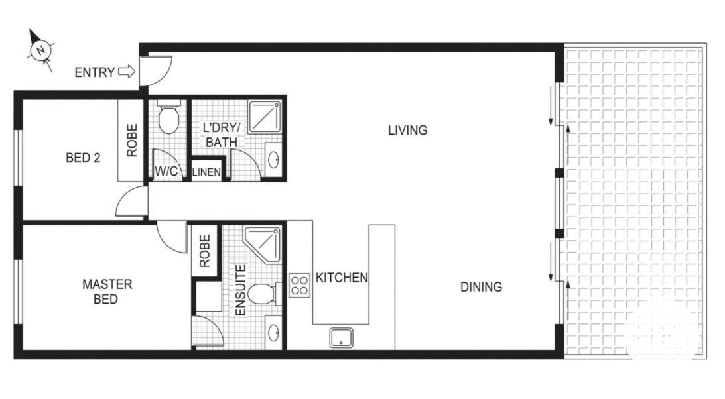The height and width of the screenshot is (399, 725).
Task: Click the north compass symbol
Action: tap(42, 50)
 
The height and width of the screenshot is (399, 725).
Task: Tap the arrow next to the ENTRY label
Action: tap(126, 72)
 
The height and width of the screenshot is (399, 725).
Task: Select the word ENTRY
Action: tap(94, 72)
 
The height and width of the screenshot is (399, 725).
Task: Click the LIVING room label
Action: tap(407, 130)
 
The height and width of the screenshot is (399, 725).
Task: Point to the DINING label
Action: tap(481, 287)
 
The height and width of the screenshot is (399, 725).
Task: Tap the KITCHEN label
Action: tap(342, 278)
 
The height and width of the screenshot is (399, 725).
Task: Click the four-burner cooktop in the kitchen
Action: tap(299, 284)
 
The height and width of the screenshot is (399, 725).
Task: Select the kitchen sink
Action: tap(341, 338)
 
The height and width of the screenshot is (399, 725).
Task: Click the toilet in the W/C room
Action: tap(169, 118)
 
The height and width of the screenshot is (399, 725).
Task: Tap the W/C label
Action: tap(166, 172)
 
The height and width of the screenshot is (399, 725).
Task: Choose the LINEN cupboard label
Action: tap(206, 172)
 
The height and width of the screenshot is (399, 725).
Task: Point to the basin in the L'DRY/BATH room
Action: tap(274, 160)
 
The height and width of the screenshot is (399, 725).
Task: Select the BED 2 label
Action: tap(83, 158)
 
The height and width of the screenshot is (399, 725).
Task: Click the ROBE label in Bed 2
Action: tap(132, 140)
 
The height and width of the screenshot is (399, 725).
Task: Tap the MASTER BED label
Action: tap(107, 292)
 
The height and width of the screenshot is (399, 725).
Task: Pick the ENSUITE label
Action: tap(240, 290)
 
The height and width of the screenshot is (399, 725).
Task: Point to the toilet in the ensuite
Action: tap(265, 292)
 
